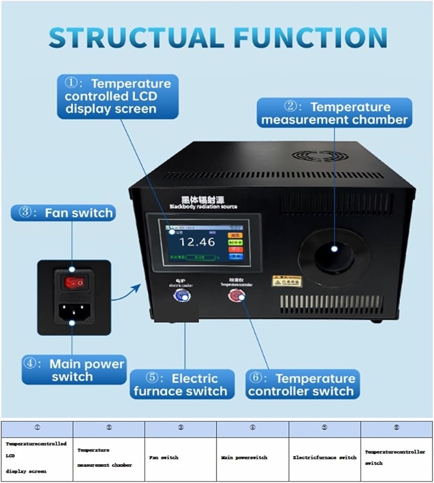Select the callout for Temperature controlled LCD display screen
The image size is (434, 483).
point(117,96)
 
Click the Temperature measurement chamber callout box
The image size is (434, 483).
point(335,113)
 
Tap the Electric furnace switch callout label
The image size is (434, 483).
point(182,384)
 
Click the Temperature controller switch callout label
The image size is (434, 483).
point(302,384)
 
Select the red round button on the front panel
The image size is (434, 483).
point(236,296)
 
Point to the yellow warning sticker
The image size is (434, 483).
point(286,281)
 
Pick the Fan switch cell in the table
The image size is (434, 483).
point(181,457)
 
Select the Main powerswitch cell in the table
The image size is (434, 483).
point(252,457)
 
